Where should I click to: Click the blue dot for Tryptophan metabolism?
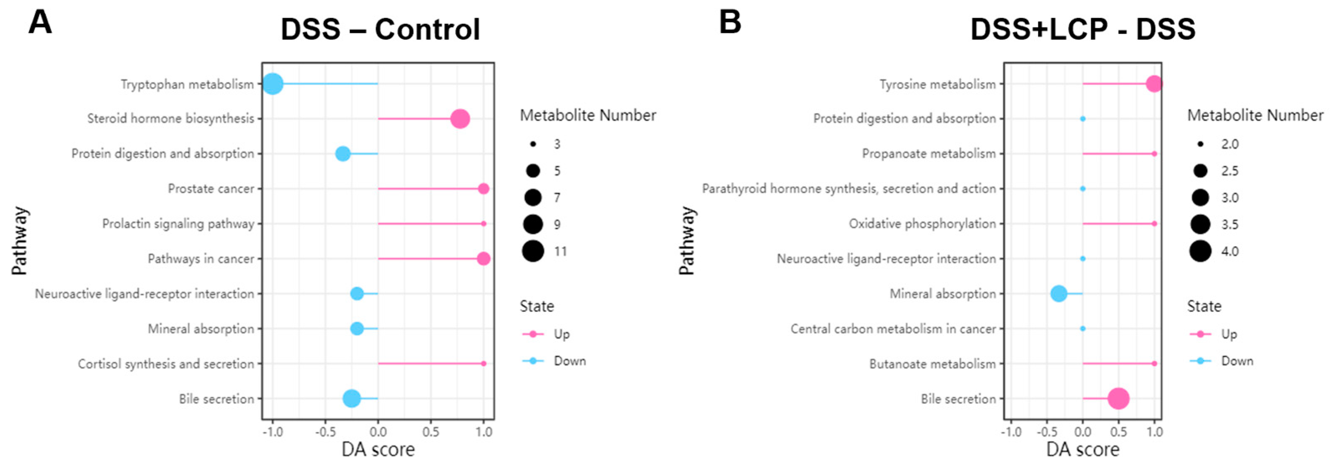273,84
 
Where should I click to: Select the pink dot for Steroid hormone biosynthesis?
460,119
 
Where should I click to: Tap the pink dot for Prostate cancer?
483,189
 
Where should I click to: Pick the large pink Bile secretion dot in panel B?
1118,399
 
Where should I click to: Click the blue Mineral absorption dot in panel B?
1058,294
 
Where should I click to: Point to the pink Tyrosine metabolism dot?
1153,84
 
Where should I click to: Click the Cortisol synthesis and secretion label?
166,364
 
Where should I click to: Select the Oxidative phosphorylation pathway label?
922,224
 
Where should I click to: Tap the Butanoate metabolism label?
932,364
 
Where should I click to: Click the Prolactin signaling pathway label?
178,224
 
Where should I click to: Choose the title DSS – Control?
380,29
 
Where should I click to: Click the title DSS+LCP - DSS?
1083,29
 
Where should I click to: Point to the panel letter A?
40,23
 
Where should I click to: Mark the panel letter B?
730,23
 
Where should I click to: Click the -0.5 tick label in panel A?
325,431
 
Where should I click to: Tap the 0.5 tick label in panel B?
1118,431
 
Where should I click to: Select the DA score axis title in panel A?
378,450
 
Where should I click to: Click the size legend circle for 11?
533,251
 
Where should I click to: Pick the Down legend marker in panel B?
1200,361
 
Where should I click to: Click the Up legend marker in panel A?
533,334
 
